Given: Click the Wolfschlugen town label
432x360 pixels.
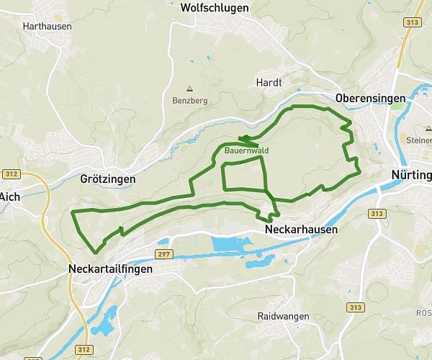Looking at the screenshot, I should tap(215, 8).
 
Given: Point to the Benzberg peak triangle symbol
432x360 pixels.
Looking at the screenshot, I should tap(189, 89).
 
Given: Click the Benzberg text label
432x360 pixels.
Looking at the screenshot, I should tap(189, 101).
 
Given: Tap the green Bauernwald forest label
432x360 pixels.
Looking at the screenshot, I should tap(246, 151).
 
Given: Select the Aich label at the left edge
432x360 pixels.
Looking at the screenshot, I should tap(9, 196).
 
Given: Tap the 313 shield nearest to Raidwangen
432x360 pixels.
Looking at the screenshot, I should tap(353, 307).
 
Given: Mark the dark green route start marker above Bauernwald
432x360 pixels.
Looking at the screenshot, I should tap(245, 138).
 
